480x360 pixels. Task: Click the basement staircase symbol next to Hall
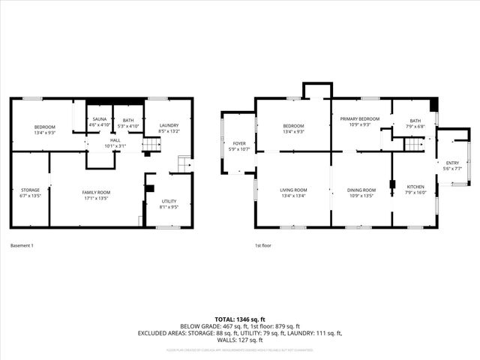(151, 143)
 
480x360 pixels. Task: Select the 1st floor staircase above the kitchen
(414, 142)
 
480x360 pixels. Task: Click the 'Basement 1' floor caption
(22, 245)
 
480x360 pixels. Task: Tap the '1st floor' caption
(263, 245)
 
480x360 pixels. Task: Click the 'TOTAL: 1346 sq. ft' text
(239, 319)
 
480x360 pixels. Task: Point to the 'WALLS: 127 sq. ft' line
(239, 340)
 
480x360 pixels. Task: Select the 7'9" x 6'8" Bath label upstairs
(415, 124)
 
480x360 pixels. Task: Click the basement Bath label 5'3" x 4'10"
(128, 123)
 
